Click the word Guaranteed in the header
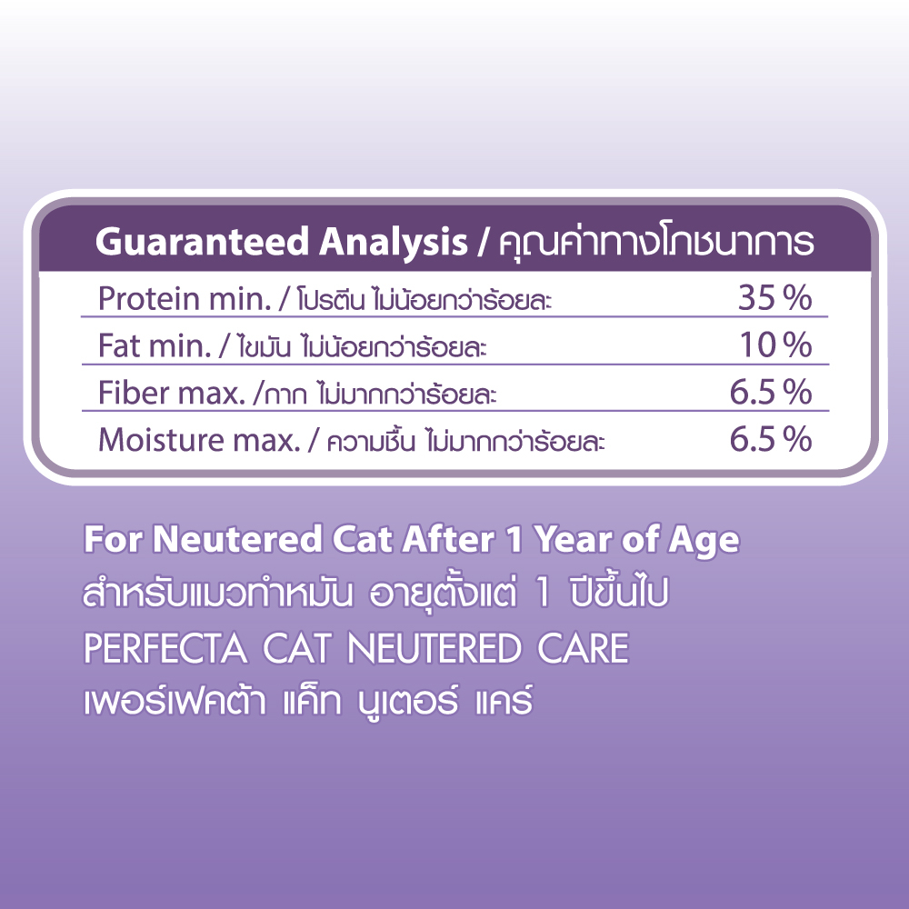203,241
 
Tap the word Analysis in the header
394,243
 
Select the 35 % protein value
775,298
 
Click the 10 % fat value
776,345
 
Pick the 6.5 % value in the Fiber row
771,393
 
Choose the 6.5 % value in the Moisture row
771,439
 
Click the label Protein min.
185,300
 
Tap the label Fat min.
155,346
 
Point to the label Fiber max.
172,393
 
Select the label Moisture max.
199,440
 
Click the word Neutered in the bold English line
237,540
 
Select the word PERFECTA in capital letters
166,648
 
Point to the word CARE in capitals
583,648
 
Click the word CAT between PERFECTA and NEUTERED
297,648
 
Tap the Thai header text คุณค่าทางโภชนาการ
656,241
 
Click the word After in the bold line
449,540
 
